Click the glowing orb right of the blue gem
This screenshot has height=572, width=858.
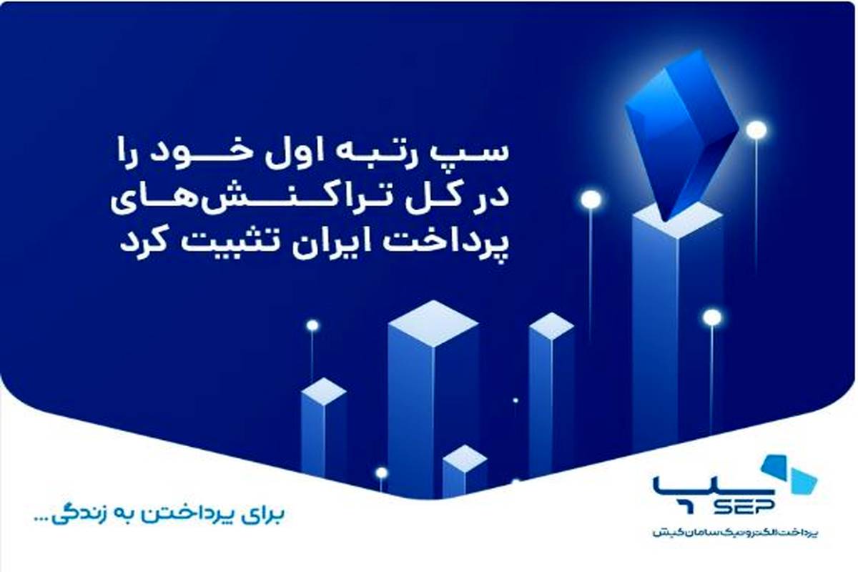click(x=756, y=129)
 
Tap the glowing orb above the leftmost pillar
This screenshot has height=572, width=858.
click(x=312, y=325)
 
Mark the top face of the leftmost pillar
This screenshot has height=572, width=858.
click(x=324, y=392)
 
